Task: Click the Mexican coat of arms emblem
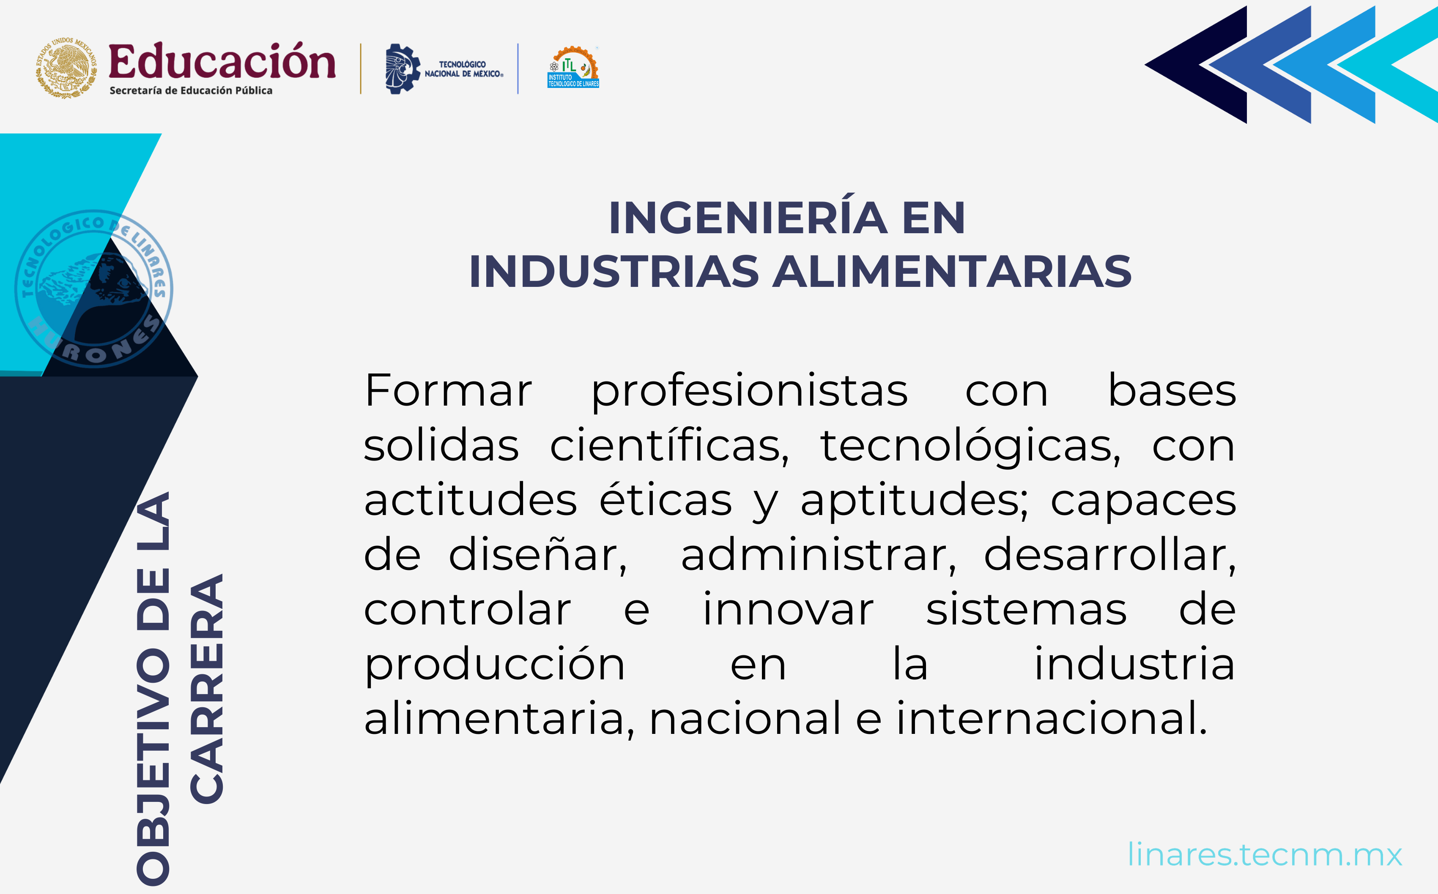pyautogui.click(x=66, y=68)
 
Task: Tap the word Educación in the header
pyautogui.click(x=222, y=62)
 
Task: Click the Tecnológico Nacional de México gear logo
pyautogui.click(x=402, y=68)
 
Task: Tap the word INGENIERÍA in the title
pyautogui.click(x=748, y=218)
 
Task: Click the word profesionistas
pyautogui.click(x=750, y=392)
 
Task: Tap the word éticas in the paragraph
pyautogui.click(x=666, y=500)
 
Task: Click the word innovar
pyautogui.click(x=787, y=610)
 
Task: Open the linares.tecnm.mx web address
pyautogui.click(x=1264, y=855)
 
